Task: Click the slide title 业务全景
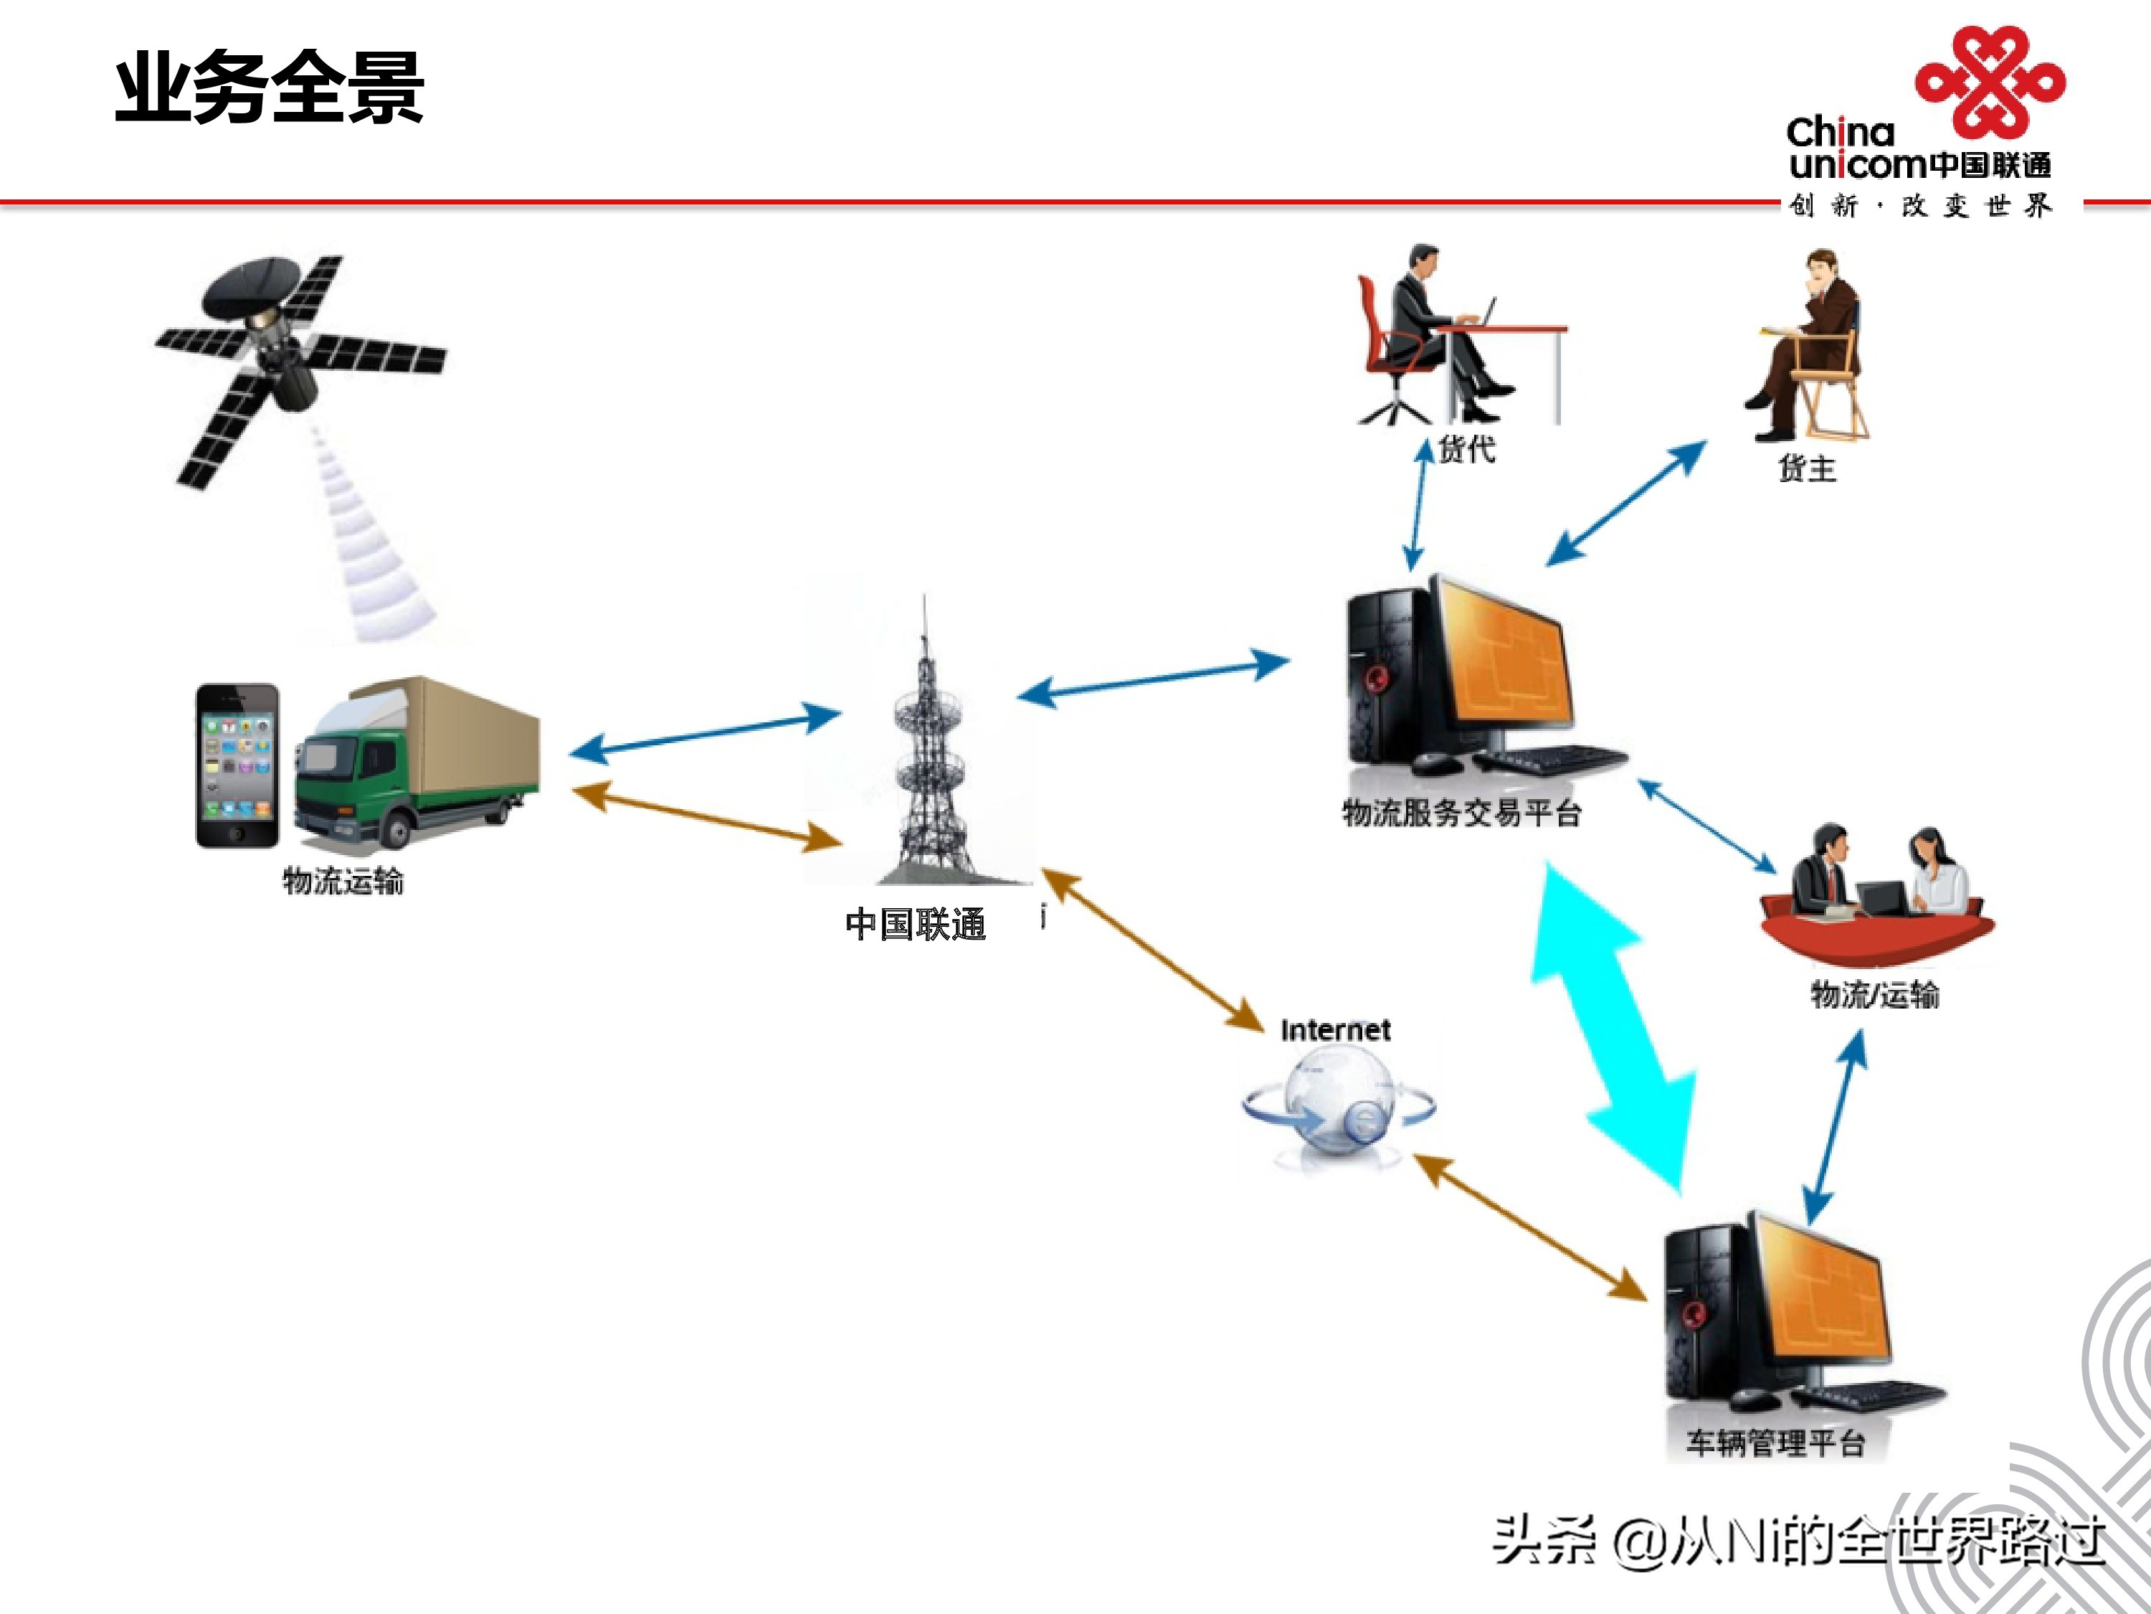tap(270, 88)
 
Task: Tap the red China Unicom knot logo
tap(1990, 82)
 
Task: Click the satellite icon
tap(292, 365)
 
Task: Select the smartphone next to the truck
tap(237, 765)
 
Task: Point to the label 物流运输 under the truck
tap(342, 880)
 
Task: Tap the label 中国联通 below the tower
tap(915, 923)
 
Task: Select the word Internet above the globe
tap(1335, 1030)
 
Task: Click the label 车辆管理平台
tap(1775, 1442)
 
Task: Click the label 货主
tap(1807, 469)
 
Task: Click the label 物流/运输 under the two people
tap(1874, 994)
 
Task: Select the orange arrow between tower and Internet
tap(1152, 950)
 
